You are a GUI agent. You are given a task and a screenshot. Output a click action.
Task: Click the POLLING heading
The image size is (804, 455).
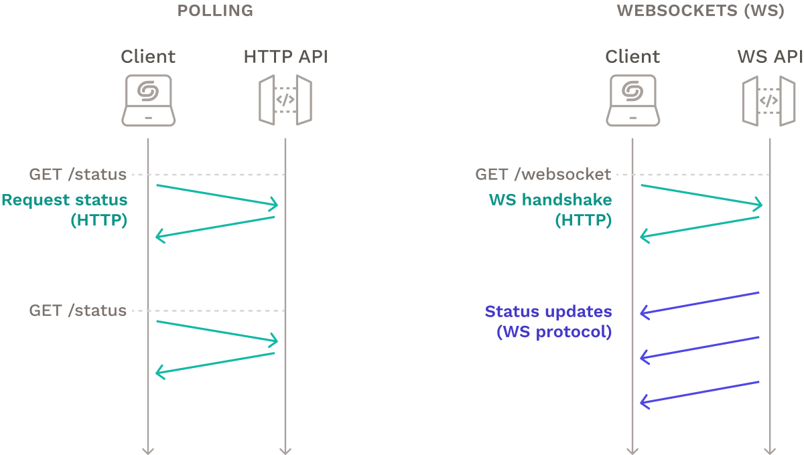coord(215,11)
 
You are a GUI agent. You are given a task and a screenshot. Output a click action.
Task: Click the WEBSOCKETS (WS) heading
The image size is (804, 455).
coord(700,11)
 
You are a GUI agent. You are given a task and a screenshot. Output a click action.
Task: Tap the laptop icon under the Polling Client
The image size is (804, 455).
coord(148,100)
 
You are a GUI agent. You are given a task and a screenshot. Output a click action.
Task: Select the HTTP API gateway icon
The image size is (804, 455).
coord(285,100)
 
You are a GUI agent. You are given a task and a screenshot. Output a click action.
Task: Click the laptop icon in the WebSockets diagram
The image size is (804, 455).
coord(632,100)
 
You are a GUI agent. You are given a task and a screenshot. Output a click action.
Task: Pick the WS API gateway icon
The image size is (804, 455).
coord(769,100)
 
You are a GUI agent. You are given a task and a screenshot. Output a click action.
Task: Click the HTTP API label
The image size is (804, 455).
coord(286,57)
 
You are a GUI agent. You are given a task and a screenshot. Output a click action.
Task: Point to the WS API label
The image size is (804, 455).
coord(770,57)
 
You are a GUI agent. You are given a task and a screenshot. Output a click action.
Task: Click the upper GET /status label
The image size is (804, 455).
coord(78,175)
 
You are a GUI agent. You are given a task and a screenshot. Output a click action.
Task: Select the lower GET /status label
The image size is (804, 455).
coord(78,310)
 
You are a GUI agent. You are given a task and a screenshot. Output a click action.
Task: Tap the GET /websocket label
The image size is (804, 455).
coord(543,175)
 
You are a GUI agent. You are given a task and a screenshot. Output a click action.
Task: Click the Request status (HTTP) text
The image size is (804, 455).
coord(65,209)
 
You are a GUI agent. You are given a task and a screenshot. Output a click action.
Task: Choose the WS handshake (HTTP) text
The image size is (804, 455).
coord(550,209)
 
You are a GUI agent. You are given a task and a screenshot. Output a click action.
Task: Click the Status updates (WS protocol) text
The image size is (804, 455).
coord(548,321)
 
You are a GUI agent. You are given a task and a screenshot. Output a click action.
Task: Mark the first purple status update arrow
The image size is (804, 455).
coord(699,302)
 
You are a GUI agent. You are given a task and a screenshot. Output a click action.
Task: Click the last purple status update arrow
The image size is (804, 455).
coord(699,392)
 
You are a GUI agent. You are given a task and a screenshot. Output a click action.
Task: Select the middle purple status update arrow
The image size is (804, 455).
coord(699,347)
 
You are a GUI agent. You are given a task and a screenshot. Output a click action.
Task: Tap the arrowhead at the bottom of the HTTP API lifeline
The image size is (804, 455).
coord(285,449)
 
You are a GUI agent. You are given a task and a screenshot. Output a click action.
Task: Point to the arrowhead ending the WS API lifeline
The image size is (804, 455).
coord(770,449)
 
